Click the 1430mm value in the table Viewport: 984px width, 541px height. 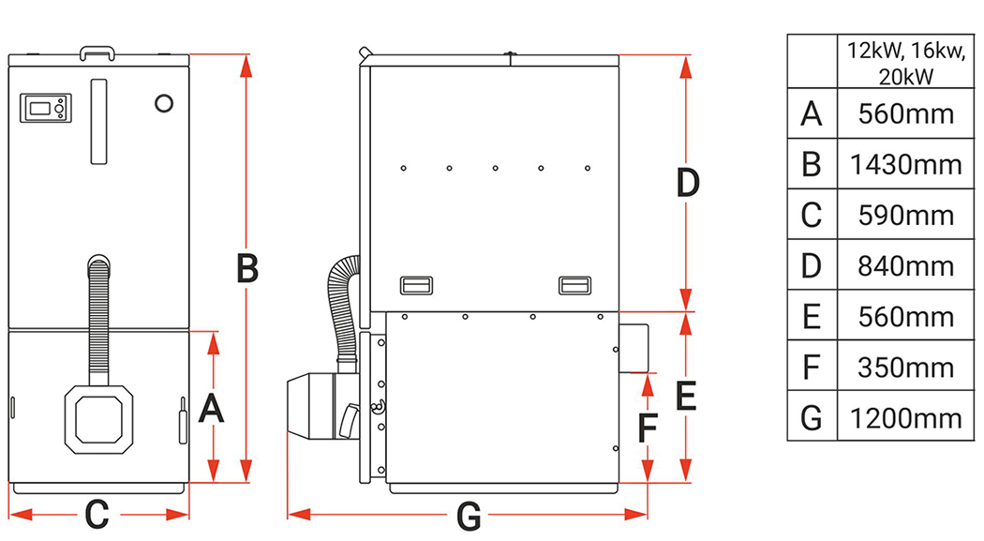(x=905, y=164)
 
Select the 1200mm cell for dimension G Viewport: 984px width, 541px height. (x=905, y=418)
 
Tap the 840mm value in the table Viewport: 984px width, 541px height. (x=905, y=266)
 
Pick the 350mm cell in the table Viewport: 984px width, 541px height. (x=905, y=368)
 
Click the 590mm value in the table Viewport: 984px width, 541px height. (x=905, y=216)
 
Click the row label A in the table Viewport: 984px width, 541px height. (x=812, y=113)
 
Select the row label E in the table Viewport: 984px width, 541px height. (x=812, y=316)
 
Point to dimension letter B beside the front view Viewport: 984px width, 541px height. (x=247, y=268)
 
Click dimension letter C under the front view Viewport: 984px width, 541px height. (x=97, y=515)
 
